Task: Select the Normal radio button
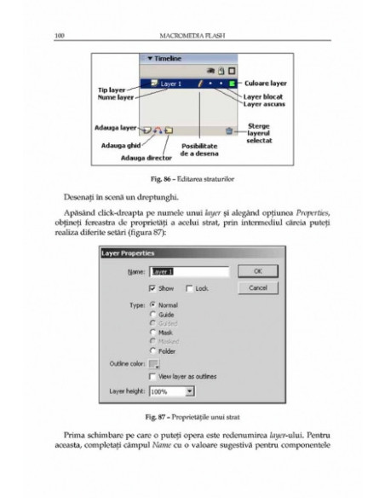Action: (152, 305)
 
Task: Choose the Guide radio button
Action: (152, 315)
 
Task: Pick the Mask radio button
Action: (152, 333)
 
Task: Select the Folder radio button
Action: (152, 350)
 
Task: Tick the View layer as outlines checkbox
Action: (152, 377)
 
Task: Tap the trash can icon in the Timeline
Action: (228, 130)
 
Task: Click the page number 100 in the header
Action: (59, 35)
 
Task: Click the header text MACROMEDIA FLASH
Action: (192, 35)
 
